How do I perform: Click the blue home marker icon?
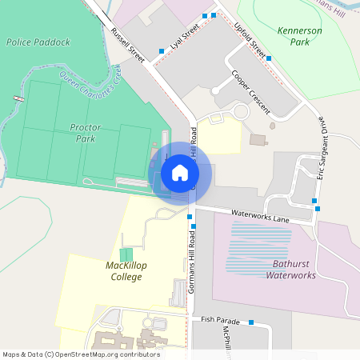tap(180, 172)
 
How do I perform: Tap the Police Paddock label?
tap(38, 41)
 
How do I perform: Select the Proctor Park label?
tap(83, 133)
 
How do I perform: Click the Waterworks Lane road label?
tap(259, 215)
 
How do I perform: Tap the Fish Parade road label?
tap(220, 318)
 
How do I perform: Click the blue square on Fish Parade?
tap(251, 322)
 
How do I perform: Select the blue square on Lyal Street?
tap(162, 51)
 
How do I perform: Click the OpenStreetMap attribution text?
tap(81, 354)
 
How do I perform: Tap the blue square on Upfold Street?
tap(269, 58)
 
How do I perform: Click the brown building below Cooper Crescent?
tap(258, 140)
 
